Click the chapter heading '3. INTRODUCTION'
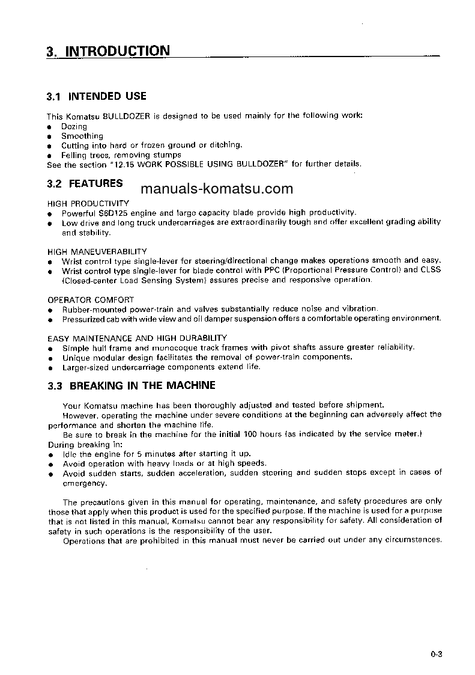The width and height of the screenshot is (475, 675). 108,51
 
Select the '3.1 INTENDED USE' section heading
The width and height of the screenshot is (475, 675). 97,96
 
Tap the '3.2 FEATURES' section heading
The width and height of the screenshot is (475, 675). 85,183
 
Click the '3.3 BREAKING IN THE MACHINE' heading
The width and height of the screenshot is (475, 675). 131,385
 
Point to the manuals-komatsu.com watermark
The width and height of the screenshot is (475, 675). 217,189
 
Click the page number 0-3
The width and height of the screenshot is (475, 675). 436,655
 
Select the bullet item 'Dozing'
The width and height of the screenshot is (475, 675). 74,127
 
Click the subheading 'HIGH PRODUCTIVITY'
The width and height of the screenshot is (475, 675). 88,203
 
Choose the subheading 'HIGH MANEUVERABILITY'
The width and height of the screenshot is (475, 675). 97,251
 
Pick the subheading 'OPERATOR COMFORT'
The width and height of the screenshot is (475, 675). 91,299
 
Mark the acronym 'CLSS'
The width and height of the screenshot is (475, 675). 431,270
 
